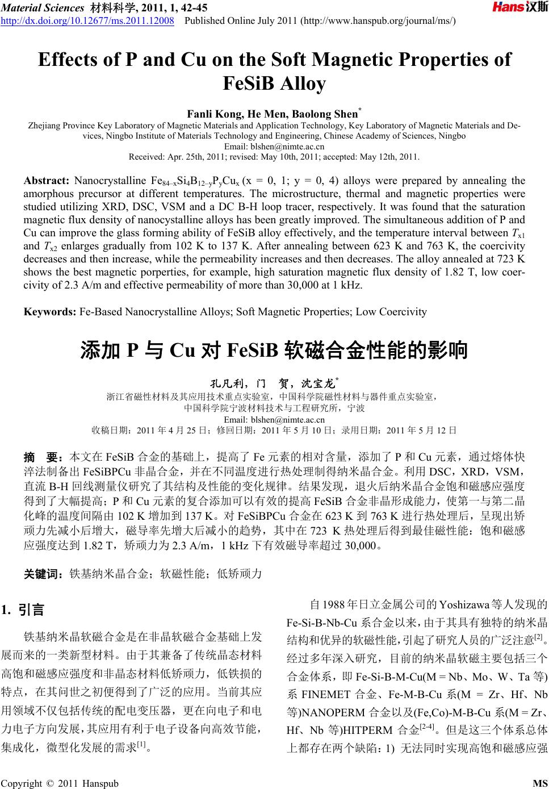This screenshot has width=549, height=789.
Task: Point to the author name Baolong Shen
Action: pos(322,114)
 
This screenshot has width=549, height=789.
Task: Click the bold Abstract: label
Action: pos(46,181)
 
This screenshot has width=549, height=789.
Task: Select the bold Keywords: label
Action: pos(50,312)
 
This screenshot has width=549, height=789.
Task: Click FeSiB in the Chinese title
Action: pos(252,350)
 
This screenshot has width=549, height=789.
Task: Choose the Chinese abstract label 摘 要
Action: pos(43,456)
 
